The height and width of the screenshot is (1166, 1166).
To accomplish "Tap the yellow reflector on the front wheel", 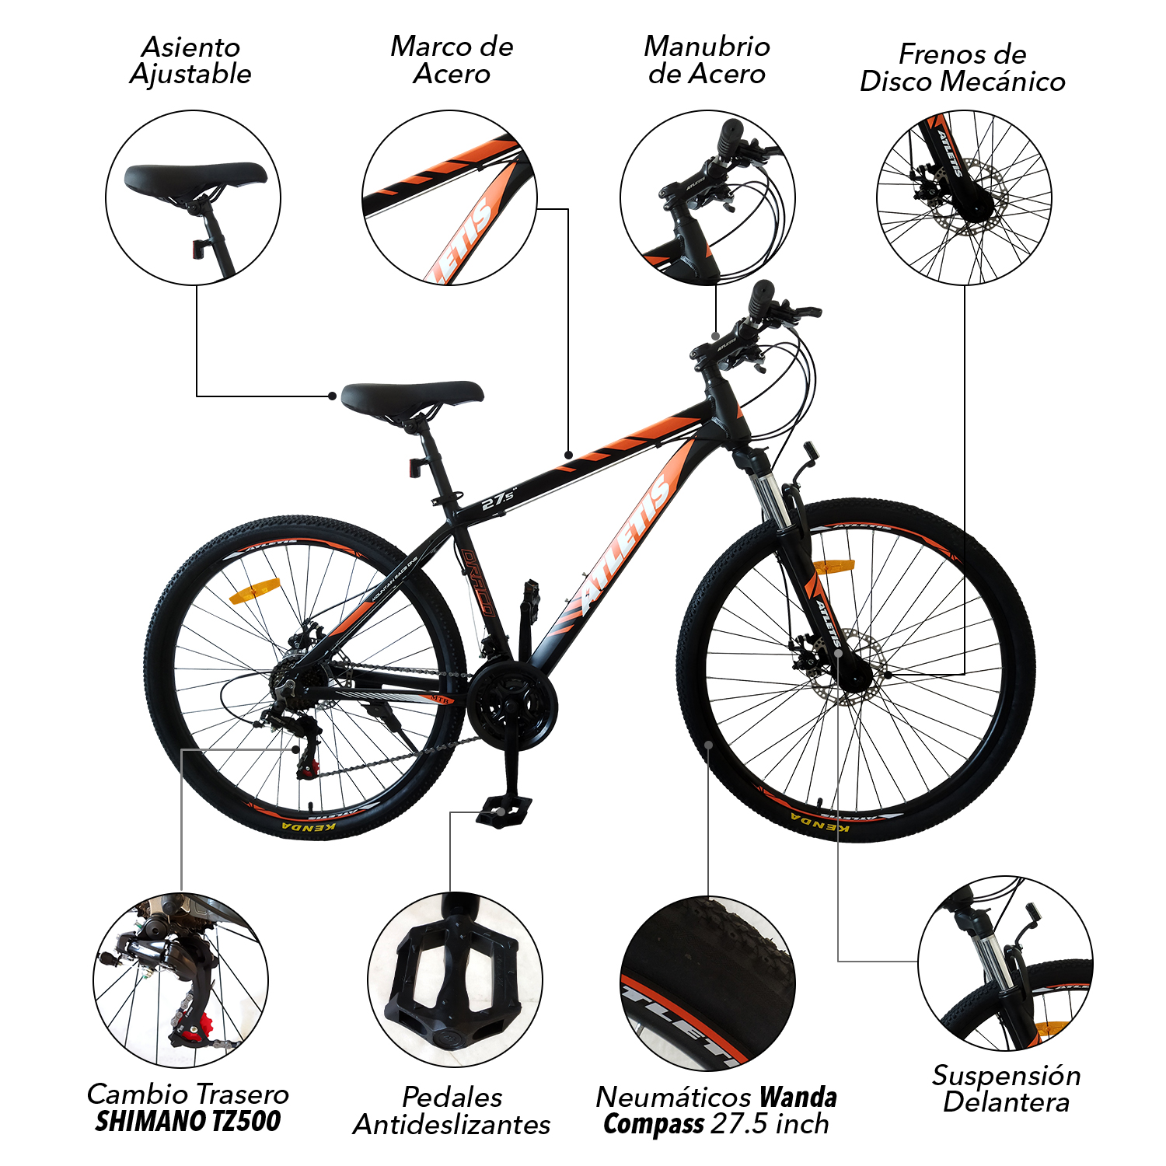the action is (x=833, y=566).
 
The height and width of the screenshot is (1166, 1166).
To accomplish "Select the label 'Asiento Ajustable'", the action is (x=190, y=61).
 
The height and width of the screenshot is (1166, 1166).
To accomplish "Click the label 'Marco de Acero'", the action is (x=452, y=60).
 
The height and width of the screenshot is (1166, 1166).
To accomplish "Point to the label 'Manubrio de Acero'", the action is (x=707, y=60).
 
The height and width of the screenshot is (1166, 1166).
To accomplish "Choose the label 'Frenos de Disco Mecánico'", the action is (x=962, y=68).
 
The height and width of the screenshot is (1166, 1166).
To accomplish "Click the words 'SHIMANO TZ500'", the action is (x=187, y=1121).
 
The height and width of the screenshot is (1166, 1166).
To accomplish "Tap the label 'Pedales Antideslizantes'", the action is (x=452, y=1111).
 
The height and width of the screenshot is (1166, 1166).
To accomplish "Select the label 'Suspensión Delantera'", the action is (x=1007, y=1088).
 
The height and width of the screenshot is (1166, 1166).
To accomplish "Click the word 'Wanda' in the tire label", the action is (x=798, y=1097).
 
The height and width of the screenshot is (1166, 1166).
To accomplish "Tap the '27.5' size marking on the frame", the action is (x=498, y=498).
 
